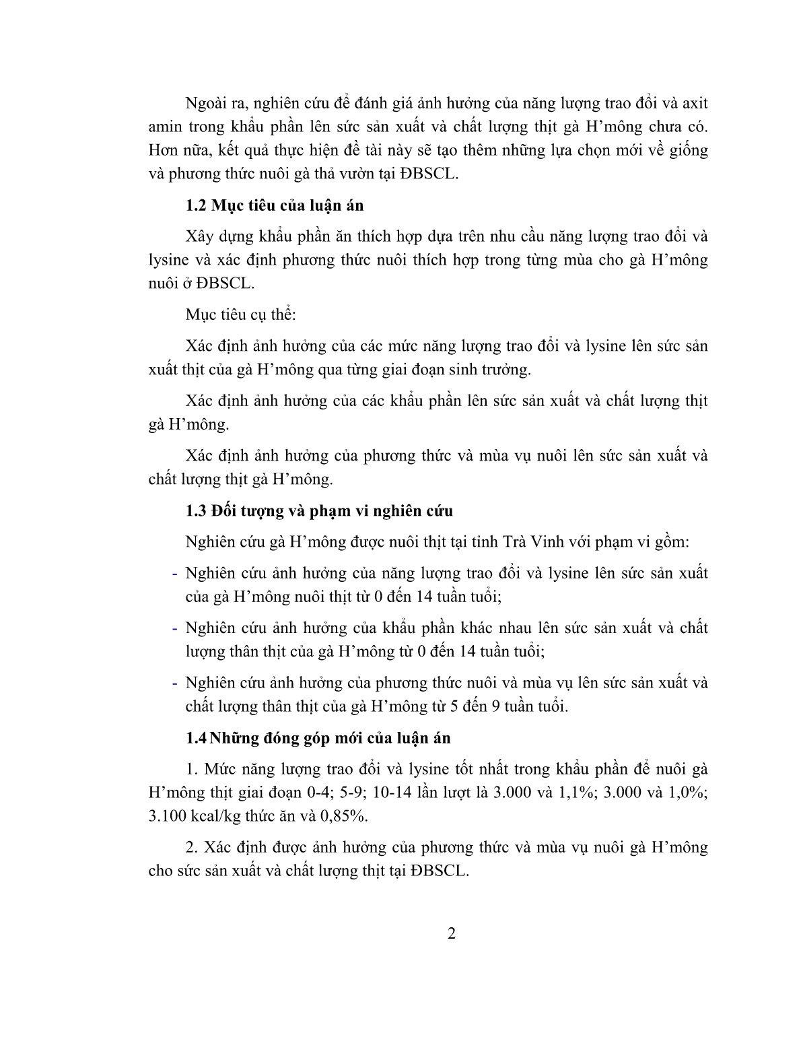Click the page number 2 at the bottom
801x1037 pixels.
[x=452, y=934]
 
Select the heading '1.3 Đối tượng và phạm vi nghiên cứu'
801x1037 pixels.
[x=319, y=510]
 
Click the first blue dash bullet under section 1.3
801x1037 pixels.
[x=174, y=574]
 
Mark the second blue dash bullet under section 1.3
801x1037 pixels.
[x=174, y=629]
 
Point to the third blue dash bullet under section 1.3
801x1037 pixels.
[x=174, y=683]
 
